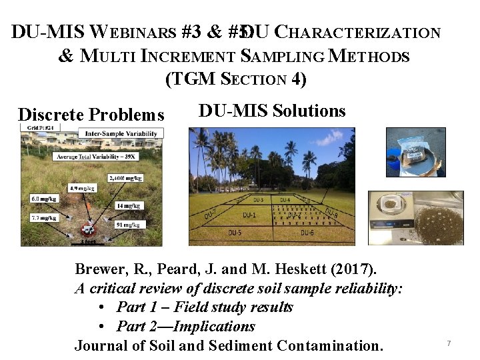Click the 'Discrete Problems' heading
coord(91,115)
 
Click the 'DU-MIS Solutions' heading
coord(272,111)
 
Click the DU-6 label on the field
coord(307,233)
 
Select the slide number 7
coord(449,343)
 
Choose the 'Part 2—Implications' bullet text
coord(185,327)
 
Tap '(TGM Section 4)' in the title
coord(235,80)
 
